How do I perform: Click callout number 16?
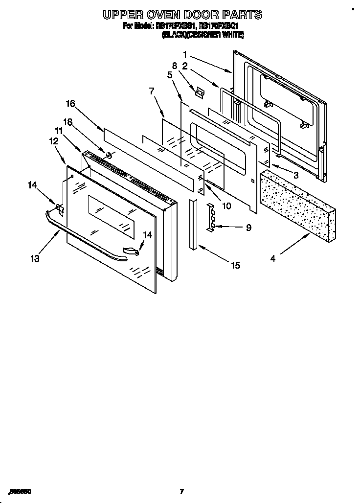coord(70,103)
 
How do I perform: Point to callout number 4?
coord(272,258)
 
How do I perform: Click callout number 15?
coord(235,265)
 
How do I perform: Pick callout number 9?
coord(248,227)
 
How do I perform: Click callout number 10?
coord(226,206)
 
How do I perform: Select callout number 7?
coord(151,91)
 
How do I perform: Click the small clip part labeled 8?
coord(198,91)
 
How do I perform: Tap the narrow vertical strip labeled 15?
coord(194,223)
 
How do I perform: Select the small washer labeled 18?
coord(109,156)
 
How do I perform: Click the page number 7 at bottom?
coord(181,491)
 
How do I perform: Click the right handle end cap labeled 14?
coord(131,251)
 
